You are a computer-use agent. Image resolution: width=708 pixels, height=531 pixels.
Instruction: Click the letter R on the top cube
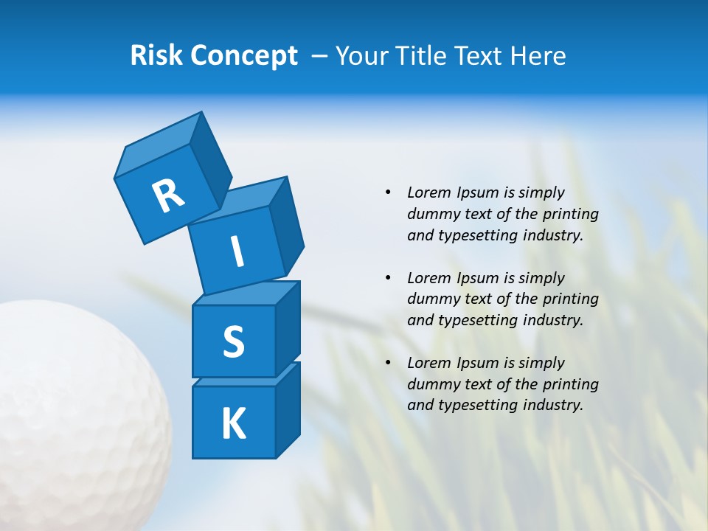click(x=168, y=195)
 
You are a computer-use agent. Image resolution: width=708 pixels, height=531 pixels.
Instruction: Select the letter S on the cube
click(x=233, y=341)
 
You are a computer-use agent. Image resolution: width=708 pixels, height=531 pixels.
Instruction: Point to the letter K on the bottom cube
click(x=233, y=424)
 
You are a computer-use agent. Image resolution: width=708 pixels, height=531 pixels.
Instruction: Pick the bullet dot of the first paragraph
click(x=388, y=192)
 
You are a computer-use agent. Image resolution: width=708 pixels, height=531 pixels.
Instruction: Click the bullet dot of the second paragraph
click(x=388, y=278)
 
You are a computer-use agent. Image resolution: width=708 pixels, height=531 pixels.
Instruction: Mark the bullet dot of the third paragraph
click(x=388, y=363)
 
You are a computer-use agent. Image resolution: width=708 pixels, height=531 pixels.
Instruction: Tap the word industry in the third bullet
click(x=552, y=405)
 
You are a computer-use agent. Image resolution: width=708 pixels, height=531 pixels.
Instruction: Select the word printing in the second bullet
click(x=571, y=299)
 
